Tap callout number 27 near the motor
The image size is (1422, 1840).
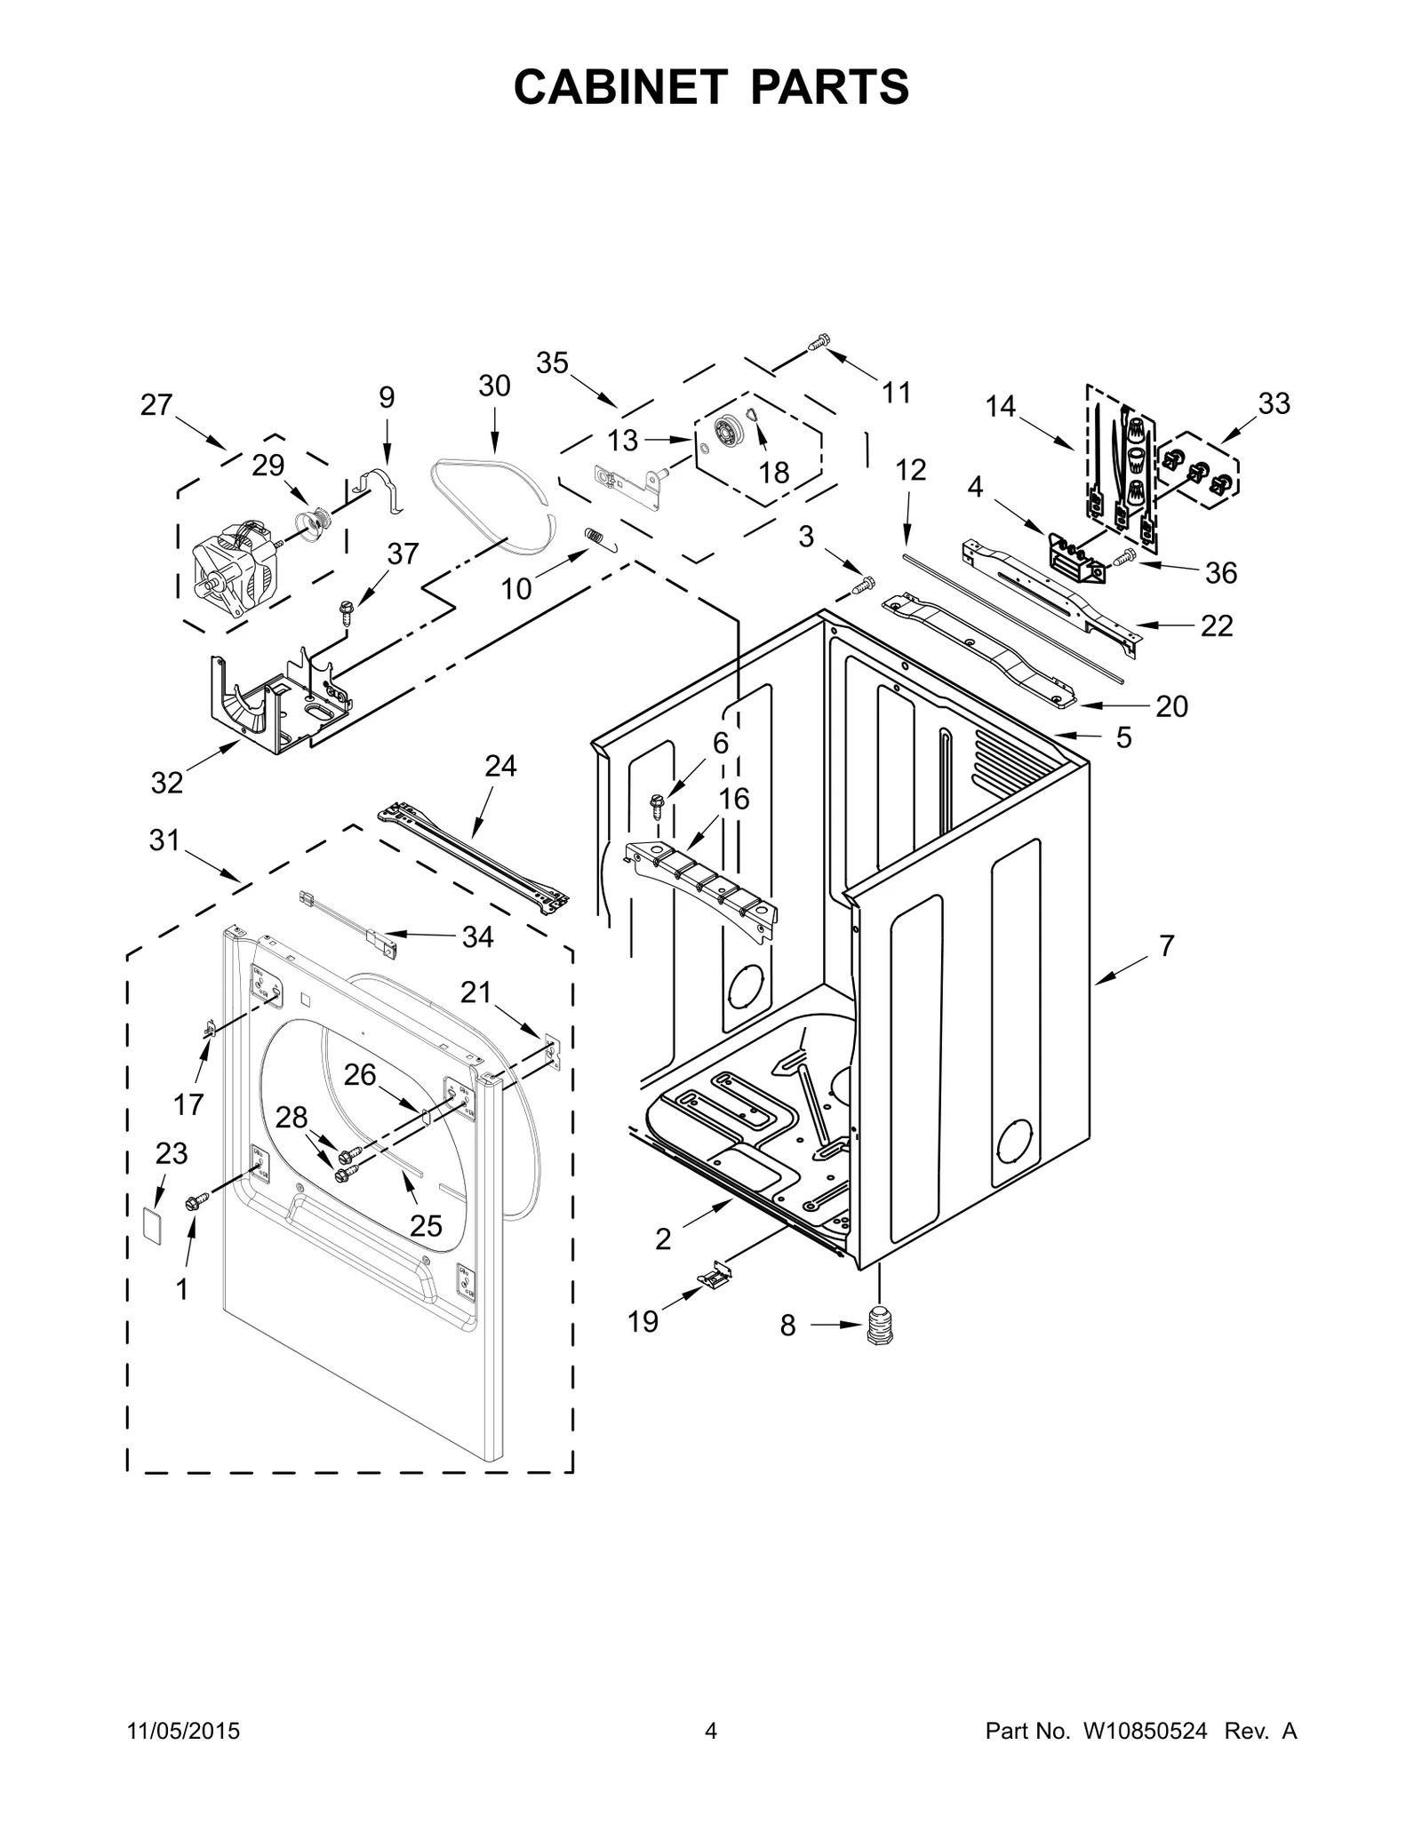click(x=156, y=405)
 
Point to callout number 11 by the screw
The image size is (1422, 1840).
click(x=896, y=392)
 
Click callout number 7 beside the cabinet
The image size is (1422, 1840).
click(x=1166, y=946)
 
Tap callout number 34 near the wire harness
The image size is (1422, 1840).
click(x=477, y=936)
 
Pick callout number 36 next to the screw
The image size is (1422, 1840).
click(x=1220, y=573)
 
